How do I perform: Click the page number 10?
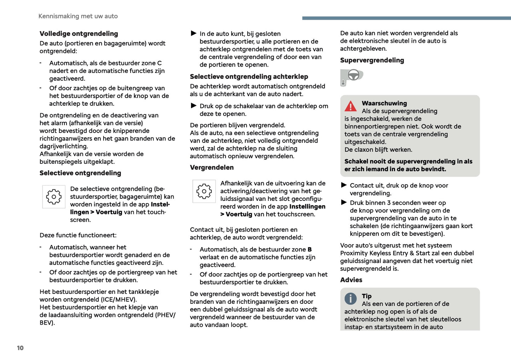coord(20,348)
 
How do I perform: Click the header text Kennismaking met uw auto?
coord(78,16)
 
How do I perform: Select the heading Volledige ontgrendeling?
coord(79,34)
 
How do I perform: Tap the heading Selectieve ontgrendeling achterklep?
coord(249,77)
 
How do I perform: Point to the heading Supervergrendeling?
coord(372,60)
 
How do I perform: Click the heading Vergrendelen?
coord(212,168)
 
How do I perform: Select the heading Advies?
coord(351,280)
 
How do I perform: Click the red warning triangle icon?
coord(351,106)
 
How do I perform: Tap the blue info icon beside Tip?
coord(350,299)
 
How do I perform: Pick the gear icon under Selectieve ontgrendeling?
coord(54,197)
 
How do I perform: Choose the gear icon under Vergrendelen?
coord(204,191)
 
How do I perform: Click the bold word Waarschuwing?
coord(384,103)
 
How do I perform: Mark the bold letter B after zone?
coord(310,250)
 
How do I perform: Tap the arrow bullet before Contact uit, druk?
coord(344,185)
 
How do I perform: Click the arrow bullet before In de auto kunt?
coord(194,34)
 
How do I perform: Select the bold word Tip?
coord(367,296)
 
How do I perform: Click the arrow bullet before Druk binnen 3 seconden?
coord(344,203)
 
